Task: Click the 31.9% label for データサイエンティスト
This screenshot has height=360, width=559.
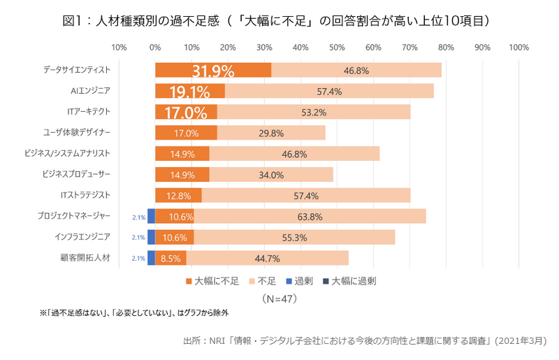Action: click(213, 71)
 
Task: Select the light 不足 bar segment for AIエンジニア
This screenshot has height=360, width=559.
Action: click(328, 92)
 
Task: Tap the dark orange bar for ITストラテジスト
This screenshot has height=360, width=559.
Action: click(178, 196)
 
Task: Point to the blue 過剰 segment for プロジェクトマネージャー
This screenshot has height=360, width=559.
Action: click(151, 217)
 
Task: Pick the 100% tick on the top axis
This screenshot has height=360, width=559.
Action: click(518, 48)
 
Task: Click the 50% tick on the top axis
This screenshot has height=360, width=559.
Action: click(337, 48)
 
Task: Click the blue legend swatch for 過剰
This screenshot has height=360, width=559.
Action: click(287, 281)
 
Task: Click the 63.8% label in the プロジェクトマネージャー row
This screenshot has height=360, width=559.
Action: click(310, 217)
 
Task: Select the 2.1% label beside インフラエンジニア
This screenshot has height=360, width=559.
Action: click(138, 238)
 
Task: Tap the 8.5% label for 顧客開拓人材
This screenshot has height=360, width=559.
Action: click(171, 259)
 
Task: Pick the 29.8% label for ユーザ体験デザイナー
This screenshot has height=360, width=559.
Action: click(270, 133)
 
